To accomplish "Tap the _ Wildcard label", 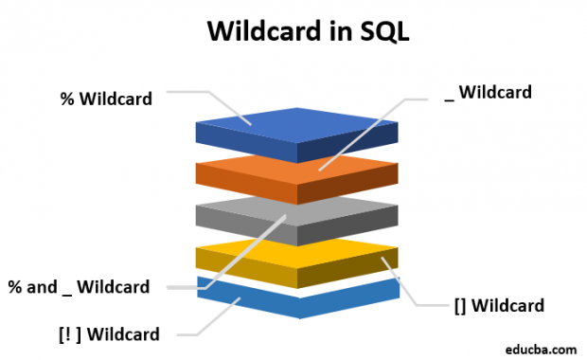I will click(x=489, y=92).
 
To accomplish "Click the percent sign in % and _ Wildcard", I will click(x=15, y=286).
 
